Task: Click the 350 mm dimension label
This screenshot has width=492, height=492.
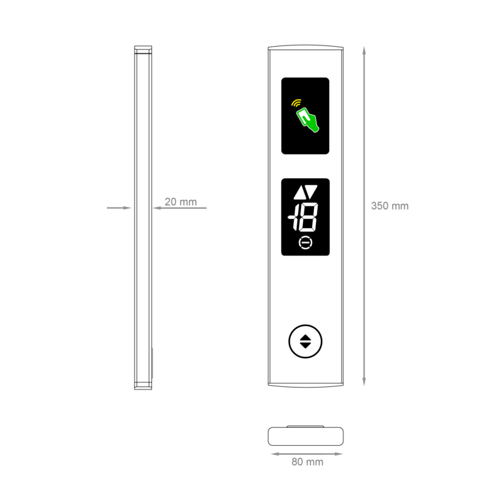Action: [x=389, y=206]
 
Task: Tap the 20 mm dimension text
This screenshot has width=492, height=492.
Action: [x=181, y=202]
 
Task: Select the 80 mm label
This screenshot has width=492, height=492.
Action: [x=307, y=462]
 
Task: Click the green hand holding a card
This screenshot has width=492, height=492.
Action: [x=307, y=120]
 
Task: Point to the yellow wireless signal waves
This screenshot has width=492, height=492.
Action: [x=296, y=102]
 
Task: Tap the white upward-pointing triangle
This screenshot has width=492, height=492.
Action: [x=299, y=193]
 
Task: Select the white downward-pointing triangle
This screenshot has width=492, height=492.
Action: [x=311, y=191]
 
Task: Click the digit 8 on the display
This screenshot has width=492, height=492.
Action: [x=307, y=219]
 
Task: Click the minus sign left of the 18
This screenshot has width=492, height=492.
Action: [x=291, y=218]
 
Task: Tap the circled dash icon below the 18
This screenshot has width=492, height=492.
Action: [x=306, y=243]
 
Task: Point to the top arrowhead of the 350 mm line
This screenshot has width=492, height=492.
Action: [x=364, y=50]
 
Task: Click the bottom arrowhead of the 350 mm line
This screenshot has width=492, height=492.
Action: [x=364, y=382]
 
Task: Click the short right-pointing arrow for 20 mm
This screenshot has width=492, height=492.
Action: [x=119, y=208]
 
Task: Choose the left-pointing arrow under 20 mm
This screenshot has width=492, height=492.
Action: [x=179, y=208]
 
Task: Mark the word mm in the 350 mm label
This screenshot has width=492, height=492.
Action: [x=399, y=206]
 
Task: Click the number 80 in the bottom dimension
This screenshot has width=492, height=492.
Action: [x=297, y=462]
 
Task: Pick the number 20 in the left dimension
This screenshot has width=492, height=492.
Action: [x=171, y=202]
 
